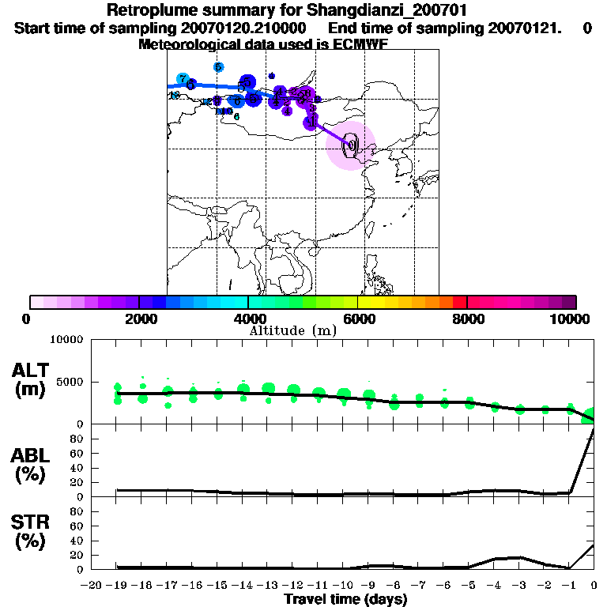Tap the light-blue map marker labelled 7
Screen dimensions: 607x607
coord(183,79)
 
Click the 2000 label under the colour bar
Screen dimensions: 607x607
coord(138,319)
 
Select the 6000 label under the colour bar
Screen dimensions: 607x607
coord(357,319)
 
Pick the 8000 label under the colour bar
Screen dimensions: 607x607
coord(466,319)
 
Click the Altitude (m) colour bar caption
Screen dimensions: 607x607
coord(292,330)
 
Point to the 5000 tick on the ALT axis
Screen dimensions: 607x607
coord(70,382)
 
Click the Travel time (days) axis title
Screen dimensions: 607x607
coord(345,599)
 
